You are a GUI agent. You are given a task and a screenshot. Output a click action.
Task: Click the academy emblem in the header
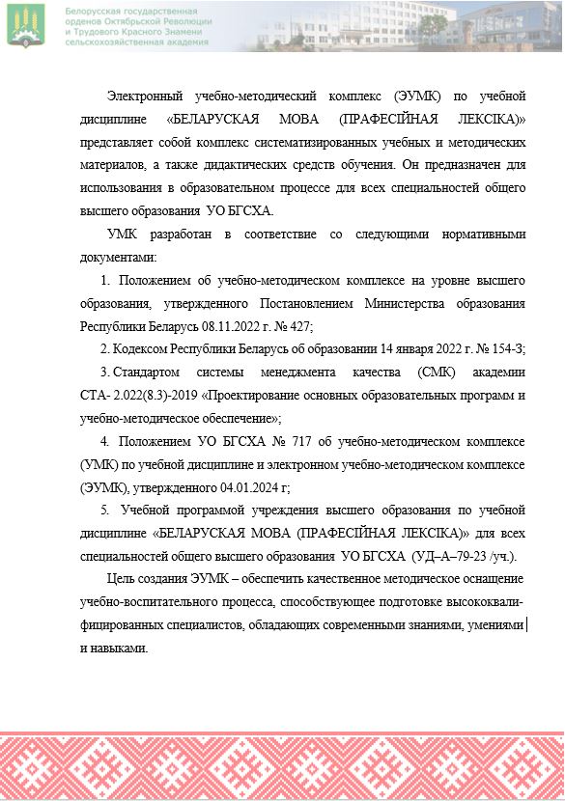(26, 25)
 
